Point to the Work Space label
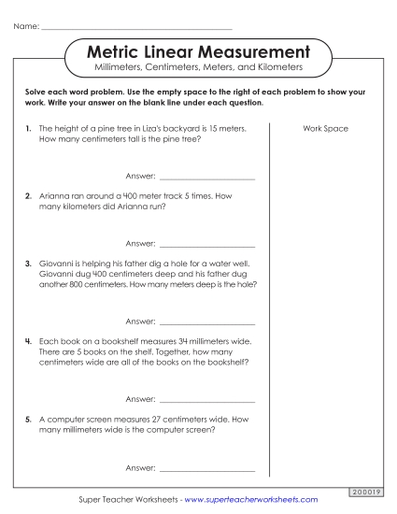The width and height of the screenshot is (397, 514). [325, 128]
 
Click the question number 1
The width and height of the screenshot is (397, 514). [29, 128]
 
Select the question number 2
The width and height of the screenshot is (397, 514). [29, 196]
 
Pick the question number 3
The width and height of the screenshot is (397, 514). [29, 264]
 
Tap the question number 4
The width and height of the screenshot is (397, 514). [29, 342]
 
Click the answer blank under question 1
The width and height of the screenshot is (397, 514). [206, 178]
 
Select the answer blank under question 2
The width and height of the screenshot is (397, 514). [206, 245]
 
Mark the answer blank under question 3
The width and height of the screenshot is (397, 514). [206, 322]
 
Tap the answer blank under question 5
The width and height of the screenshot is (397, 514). [206, 468]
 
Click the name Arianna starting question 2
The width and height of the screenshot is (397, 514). [55, 196]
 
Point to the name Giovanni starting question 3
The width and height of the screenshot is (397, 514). [58, 264]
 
